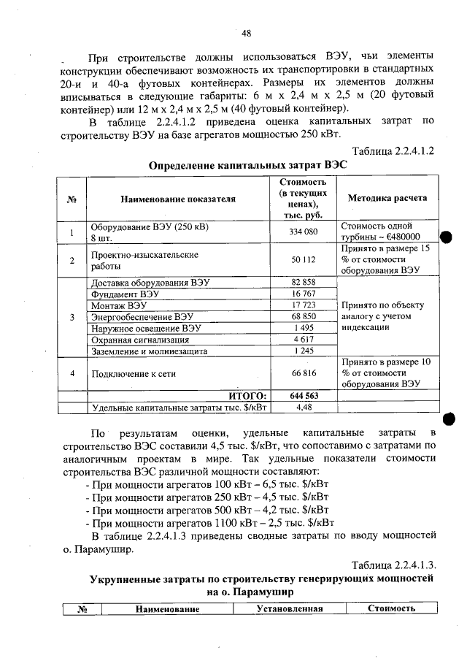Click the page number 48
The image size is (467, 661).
[x=247, y=33]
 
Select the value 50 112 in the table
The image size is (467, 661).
[x=302, y=259]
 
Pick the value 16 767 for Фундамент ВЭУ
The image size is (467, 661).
[x=302, y=294]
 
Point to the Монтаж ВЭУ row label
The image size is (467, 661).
[x=118, y=305]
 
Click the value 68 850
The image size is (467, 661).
[x=302, y=316]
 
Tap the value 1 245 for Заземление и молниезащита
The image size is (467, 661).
[x=302, y=351]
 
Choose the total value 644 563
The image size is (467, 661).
[x=302, y=396]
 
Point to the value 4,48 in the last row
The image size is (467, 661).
[x=302, y=408]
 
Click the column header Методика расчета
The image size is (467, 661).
[x=387, y=198]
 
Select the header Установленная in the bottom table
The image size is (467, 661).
[x=289, y=608]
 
